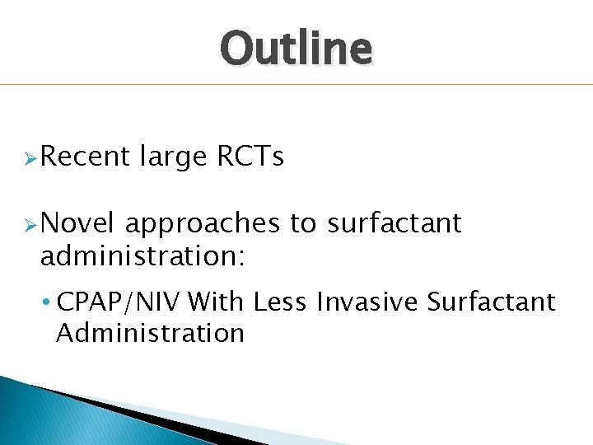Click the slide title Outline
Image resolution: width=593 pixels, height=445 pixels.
click(296, 48)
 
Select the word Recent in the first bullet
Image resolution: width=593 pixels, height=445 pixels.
click(85, 156)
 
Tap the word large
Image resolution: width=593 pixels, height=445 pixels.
click(173, 157)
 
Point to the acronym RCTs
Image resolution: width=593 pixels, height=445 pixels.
click(250, 156)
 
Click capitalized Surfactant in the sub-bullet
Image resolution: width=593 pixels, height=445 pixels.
click(492, 302)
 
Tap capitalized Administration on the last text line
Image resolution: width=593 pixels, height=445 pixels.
click(150, 333)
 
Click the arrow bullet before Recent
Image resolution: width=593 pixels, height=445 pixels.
click(30, 157)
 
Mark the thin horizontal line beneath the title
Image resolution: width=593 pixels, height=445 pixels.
click(296, 84)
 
